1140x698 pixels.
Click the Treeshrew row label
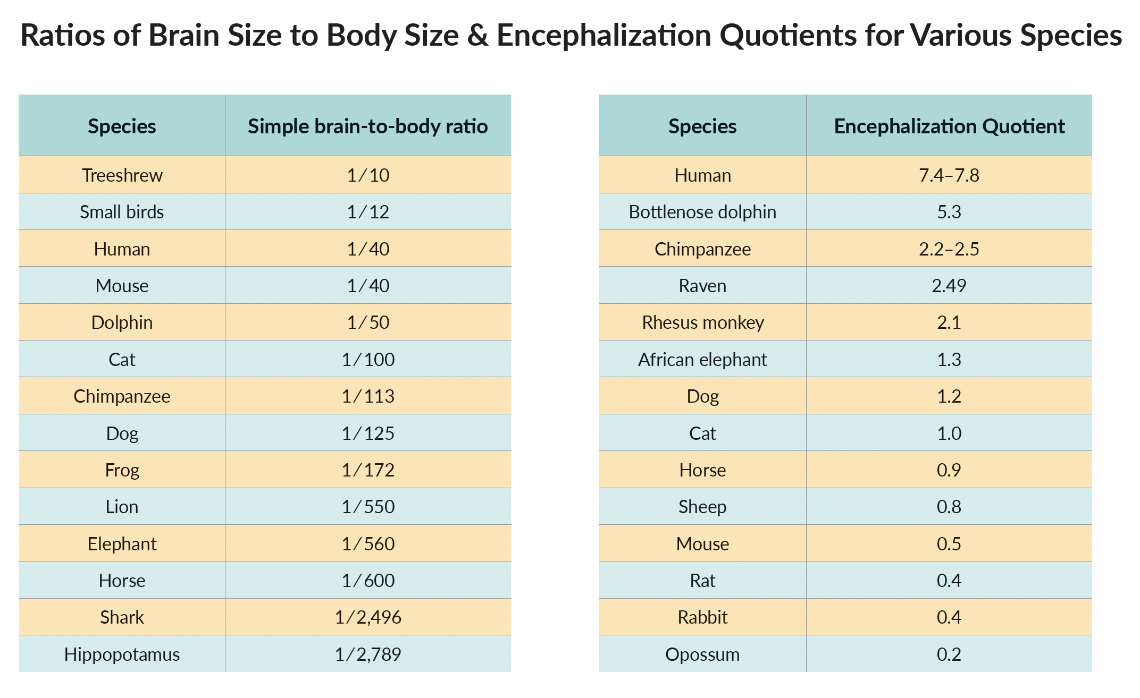click(x=122, y=175)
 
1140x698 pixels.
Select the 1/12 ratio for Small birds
click(x=368, y=212)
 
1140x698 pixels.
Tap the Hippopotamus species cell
click(x=122, y=654)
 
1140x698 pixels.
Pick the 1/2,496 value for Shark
click(x=368, y=617)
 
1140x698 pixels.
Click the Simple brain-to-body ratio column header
click(x=368, y=126)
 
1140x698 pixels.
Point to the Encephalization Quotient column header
click(x=949, y=126)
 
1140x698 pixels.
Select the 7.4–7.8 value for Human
click(x=949, y=175)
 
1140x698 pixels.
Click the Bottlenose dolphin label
click(x=702, y=212)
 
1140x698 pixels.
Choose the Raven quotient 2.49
click(x=949, y=286)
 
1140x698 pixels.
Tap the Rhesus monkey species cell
click(x=702, y=322)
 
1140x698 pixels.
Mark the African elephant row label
click(x=702, y=360)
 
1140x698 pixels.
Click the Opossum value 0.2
click(x=949, y=654)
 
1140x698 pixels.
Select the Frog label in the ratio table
click(x=122, y=470)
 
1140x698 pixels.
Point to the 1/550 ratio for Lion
click(x=368, y=507)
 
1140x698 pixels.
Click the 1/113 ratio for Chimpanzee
click(x=368, y=396)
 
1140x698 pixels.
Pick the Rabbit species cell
click(x=702, y=617)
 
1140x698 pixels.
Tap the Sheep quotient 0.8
click(x=949, y=507)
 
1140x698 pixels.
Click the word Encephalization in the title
click(x=603, y=36)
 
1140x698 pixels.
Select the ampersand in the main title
click(x=478, y=36)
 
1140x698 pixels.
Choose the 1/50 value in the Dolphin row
click(x=368, y=322)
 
